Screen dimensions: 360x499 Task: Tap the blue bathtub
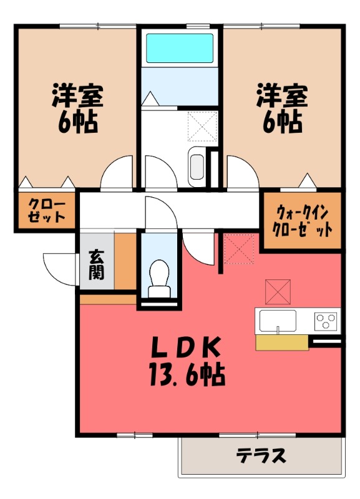point(180,48)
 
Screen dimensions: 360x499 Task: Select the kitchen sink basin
point(278,321)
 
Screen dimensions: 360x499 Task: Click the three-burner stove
point(326,321)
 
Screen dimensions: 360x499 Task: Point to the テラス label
point(261,456)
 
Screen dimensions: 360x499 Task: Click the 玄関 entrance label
point(97,264)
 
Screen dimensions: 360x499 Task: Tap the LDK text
point(185,347)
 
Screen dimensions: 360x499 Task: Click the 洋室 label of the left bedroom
point(77,95)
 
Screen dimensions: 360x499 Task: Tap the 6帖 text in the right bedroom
point(282,122)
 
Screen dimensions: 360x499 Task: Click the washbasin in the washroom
point(197,167)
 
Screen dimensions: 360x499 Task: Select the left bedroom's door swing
point(117,172)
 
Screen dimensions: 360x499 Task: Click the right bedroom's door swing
point(243,172)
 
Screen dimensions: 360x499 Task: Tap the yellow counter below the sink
point(282,342)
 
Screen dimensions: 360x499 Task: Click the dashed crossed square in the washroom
point(202,127)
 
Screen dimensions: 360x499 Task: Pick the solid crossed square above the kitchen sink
point(278,291)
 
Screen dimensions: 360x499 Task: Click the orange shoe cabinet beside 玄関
point(125,261)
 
